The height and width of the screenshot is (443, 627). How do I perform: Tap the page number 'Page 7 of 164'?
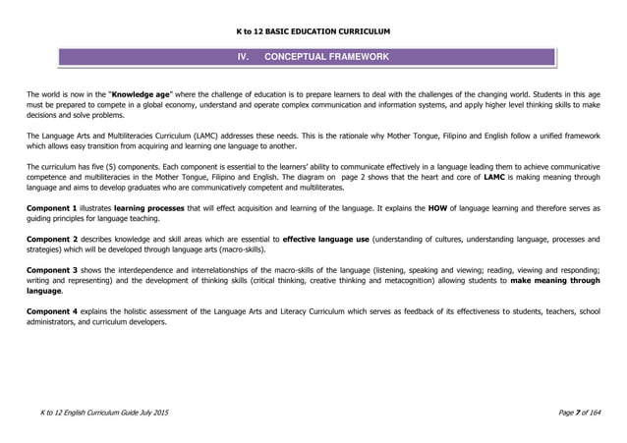(x=576, y=420)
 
